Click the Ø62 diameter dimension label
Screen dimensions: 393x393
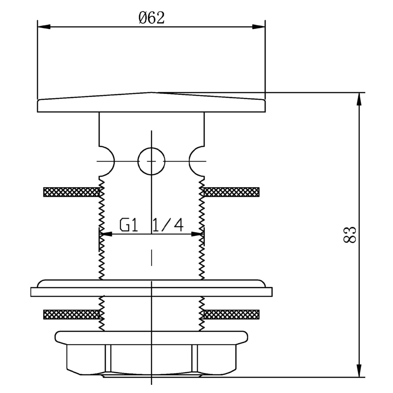coord(152,18)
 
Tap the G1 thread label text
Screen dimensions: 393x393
coord(129,225)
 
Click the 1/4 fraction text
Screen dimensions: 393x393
coord(167,225)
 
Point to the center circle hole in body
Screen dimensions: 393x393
coord(151,161)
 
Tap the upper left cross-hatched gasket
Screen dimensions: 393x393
coord(71,192)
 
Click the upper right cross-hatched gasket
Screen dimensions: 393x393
coord(231,192)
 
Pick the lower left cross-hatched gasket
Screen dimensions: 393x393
coord(71,314)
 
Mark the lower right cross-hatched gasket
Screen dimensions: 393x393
coord(231,314)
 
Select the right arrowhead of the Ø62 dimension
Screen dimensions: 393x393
coord(259,27)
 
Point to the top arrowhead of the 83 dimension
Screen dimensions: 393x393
coord(359,99)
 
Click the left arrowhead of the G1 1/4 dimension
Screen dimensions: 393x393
coord(106,234)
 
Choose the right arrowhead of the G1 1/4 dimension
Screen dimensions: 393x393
coord(198,234)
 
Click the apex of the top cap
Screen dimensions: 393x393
coord(151,93)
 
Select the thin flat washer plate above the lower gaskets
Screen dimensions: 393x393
coord(151,292)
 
